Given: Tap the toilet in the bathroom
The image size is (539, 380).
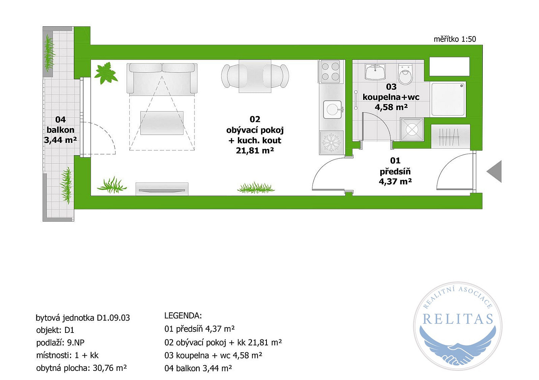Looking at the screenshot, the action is [405, 73].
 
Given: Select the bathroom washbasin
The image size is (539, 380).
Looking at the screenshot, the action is [375, 71].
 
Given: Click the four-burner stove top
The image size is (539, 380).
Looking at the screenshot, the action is [331, 71].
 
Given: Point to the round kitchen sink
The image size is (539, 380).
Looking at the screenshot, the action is [333, 109].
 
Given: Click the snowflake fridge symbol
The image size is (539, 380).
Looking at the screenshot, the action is [331, 142].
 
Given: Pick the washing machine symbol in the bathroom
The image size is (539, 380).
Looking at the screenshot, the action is [412, 129].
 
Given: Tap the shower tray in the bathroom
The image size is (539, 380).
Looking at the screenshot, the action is [448, 99].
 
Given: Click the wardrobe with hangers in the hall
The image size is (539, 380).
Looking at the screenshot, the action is [450, 136].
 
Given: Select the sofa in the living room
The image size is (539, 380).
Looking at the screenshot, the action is [162, 78].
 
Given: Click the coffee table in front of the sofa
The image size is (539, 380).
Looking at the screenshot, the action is [162, 123].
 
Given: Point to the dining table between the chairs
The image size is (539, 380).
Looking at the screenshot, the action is [255, 76].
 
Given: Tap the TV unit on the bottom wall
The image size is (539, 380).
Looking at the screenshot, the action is [162, 189].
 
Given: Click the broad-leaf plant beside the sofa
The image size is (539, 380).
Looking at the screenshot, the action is [106, 73].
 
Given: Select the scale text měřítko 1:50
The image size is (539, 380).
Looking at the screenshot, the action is [455, 39].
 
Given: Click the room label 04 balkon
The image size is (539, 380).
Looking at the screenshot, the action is [61, 125].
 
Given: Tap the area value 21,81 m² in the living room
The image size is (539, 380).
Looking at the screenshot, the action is [255, 150].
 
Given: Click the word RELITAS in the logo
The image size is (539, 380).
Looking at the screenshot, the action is [458, 319].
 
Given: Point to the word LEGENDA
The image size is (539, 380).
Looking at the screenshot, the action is [183, 316].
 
